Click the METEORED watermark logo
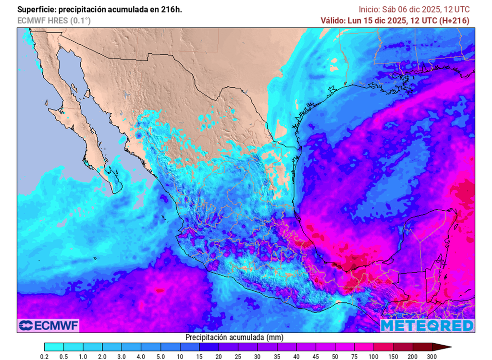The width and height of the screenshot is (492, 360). (x=427, y=325)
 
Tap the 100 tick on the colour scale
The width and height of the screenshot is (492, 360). (x=374, y=356)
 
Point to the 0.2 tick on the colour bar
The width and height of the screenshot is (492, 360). (x=45, y=356)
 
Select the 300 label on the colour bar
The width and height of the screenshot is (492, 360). (x=432, y=356)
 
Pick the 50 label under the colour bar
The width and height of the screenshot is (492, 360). (x=335, y=356)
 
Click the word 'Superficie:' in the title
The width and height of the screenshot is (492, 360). (x=36, y=10)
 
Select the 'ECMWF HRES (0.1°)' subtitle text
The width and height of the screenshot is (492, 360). (x=54, y=20)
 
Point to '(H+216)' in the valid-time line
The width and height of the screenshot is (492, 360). (x=455, y=20)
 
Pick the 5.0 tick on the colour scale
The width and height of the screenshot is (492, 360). (x=161, y=356)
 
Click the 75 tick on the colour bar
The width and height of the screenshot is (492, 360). (x=355, y=356)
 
